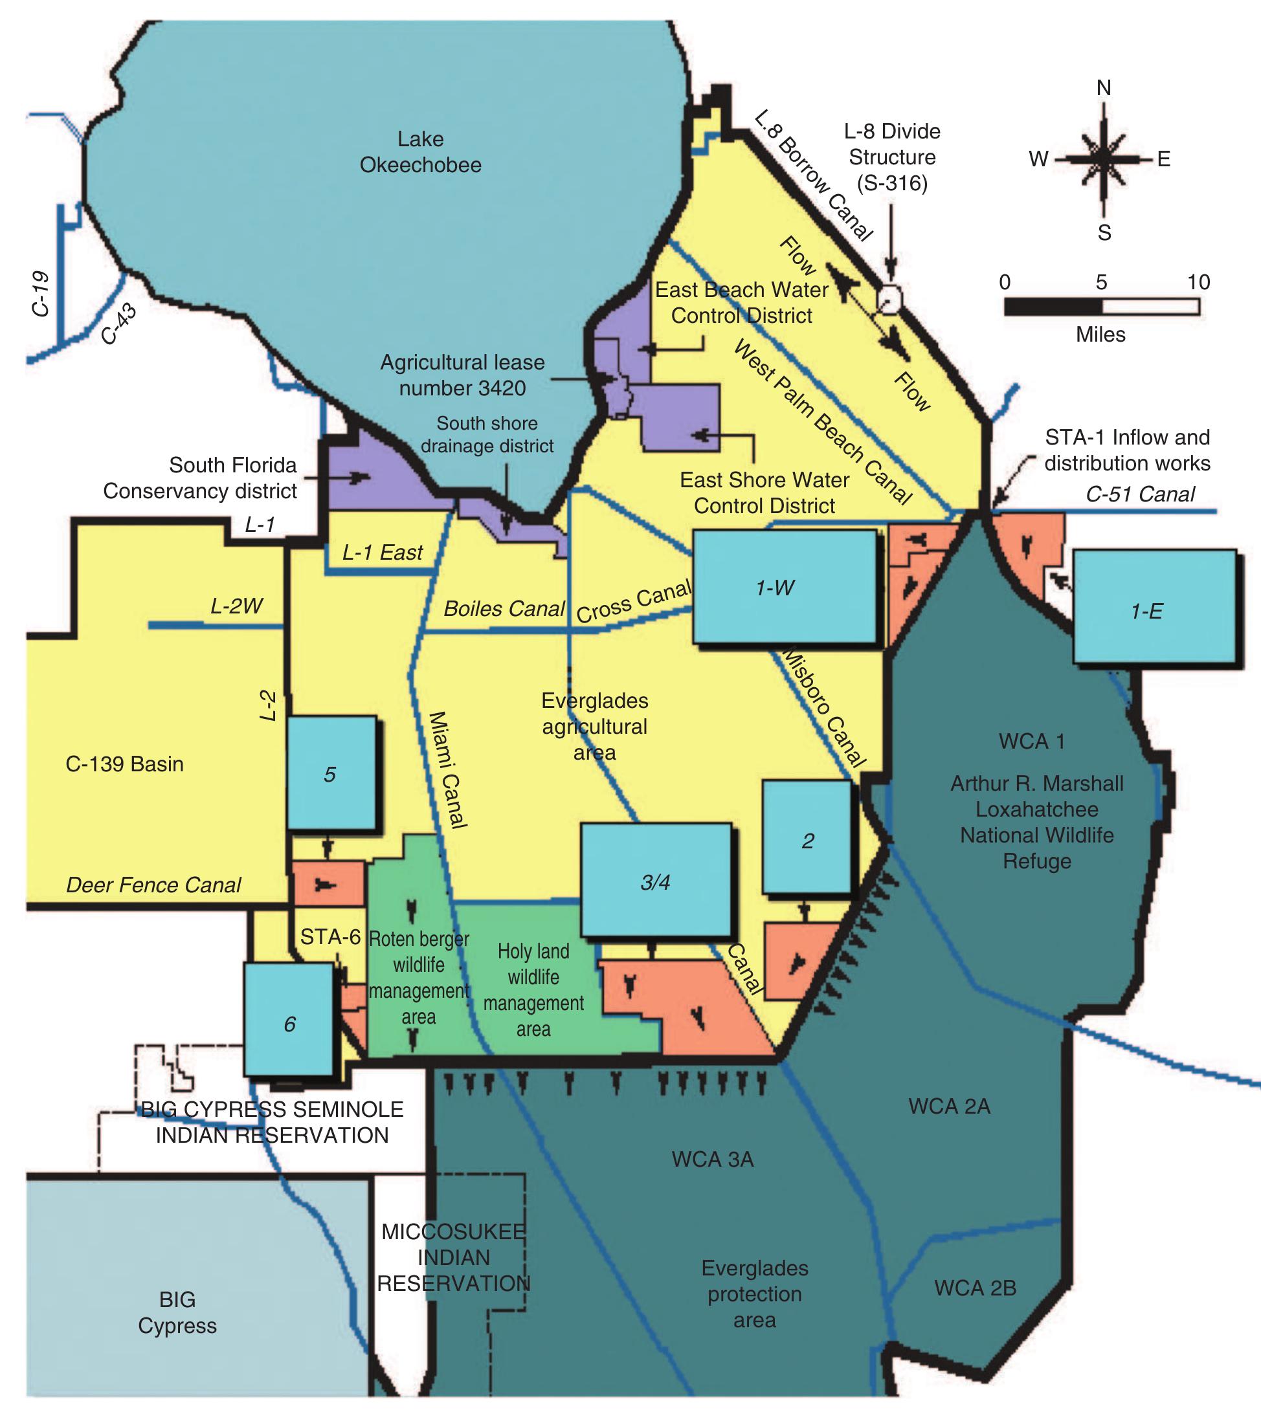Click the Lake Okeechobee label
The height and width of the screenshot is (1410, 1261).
point(420,152)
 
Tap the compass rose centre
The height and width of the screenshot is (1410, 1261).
point(1104,159)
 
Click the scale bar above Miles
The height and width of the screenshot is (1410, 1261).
point(1102,306)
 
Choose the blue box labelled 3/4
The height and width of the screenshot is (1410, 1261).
point(656,880)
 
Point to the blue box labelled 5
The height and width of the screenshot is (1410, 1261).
point(331,773)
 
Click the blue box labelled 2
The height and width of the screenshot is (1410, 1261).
point(807,837)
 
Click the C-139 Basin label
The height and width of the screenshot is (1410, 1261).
point(125,764)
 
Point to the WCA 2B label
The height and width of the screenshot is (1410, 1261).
point(975,1288)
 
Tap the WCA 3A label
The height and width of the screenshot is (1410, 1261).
point(712,1160)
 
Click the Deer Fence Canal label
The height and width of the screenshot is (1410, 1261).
point(153,885)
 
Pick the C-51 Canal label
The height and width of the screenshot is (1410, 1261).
point(1140,494)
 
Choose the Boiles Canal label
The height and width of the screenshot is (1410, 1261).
point(504,609)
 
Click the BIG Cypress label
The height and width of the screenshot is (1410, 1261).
point(177,1312)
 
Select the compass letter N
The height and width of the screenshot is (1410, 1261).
point(1104,88)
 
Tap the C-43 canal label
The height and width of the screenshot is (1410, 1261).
point(118,324)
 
